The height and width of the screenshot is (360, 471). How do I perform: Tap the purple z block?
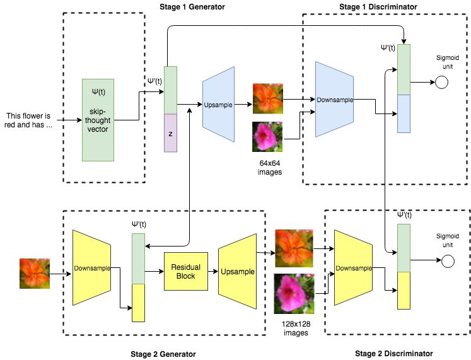171,133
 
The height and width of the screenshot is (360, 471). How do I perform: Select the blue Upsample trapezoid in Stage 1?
219,105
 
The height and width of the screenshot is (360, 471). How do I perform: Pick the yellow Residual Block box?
185,271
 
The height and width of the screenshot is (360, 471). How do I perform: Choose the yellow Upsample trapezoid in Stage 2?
238,272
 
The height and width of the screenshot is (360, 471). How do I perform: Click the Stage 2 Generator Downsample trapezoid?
91,268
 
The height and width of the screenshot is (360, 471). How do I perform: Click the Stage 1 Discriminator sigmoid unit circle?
441,83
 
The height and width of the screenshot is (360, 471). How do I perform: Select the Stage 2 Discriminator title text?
394,354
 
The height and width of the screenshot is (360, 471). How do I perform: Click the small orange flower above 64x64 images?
268,98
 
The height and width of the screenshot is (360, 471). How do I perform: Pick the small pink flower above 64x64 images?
267,137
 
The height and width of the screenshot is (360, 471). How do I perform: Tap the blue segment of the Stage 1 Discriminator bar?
404,113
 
